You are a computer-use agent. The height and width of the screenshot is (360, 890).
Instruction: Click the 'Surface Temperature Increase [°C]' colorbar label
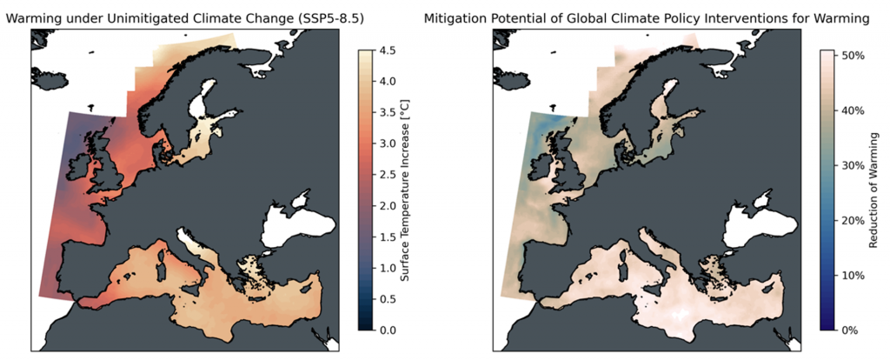405,190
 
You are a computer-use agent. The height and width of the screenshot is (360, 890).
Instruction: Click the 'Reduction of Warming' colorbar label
875,190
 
